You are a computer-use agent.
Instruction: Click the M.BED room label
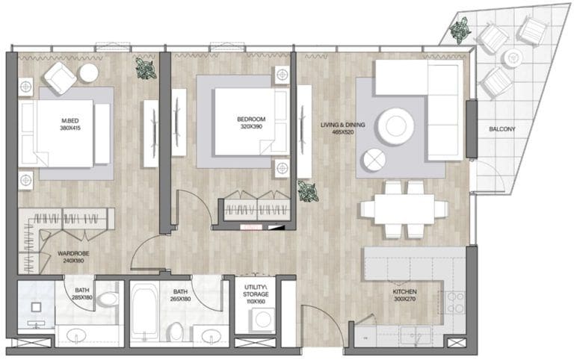(70, 121)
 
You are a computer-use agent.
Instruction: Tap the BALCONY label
(502, 129)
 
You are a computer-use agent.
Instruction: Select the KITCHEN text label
(404, 291)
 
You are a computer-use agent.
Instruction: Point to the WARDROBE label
(73, 253)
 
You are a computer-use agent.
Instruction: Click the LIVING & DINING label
(342, 125)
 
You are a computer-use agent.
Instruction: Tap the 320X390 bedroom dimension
(251, 126)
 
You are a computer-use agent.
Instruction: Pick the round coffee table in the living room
(395, 126)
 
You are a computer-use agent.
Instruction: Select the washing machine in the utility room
(262, 320)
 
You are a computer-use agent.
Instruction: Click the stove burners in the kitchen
(455, 303)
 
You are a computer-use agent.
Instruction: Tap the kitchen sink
(416, 335)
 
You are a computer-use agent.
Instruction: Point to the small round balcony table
(513, 58)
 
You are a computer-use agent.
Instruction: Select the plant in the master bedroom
(146, 68)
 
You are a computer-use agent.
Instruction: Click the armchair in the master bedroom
(61, 78)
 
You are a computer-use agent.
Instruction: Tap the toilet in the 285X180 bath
(108, 300)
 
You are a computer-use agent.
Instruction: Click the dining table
(404, 209)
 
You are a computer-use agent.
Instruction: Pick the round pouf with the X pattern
(374, 161)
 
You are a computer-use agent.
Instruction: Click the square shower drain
(36, 307)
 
